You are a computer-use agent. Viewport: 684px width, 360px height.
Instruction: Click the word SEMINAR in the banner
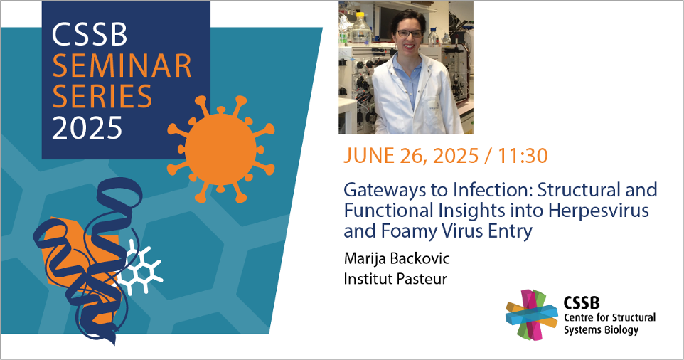[122, 66]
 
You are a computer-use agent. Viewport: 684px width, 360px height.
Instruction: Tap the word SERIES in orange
[102, 97]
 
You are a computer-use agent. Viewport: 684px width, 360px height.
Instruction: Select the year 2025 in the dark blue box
[87, 128]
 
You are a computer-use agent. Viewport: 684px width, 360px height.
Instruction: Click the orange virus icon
[220, 149]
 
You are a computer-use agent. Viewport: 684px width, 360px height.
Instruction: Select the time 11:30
[523, 156]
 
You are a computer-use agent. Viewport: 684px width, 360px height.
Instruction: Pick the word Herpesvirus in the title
[599, 210]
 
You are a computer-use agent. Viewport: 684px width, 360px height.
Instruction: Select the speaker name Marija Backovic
[397, 258]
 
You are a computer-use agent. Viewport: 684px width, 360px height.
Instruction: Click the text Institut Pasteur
[395, 278]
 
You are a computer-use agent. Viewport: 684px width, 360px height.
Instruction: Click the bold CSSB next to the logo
[582, 302]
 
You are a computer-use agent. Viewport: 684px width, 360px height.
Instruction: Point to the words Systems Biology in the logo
[601, 330]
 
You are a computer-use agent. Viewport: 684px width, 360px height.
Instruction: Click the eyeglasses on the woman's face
[409, 33]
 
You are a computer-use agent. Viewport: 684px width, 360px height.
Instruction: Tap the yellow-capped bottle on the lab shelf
[360, 27]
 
